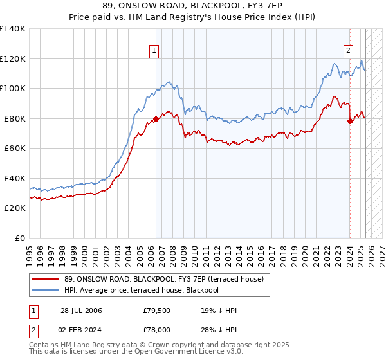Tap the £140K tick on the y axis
(x=13, y=29)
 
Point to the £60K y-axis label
(x=15, y=148)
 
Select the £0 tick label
(x=20, y=238)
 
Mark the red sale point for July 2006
(x=156, y=120)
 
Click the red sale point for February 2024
(x=350, y=121)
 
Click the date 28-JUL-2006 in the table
(x=81, y=311)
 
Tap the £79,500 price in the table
(x=157, y=311)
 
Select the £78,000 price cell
(x=157, y=329)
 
